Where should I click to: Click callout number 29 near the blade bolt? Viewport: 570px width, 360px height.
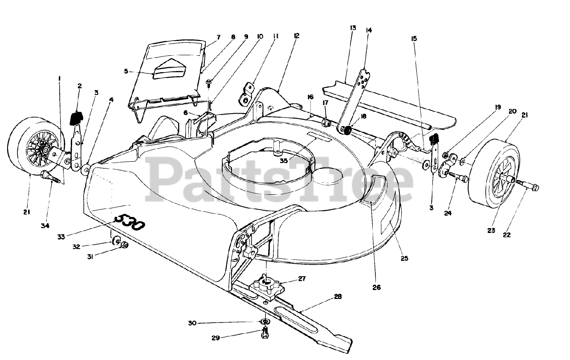coord(215,338)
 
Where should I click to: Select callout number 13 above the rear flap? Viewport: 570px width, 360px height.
coord(353,28)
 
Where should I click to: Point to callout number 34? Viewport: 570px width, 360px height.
coord(45,226)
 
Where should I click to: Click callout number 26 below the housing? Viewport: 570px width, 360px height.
coord(376,287)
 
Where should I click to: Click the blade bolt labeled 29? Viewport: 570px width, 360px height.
coord(265,331)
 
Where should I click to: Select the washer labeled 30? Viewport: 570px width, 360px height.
coord(265,322)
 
